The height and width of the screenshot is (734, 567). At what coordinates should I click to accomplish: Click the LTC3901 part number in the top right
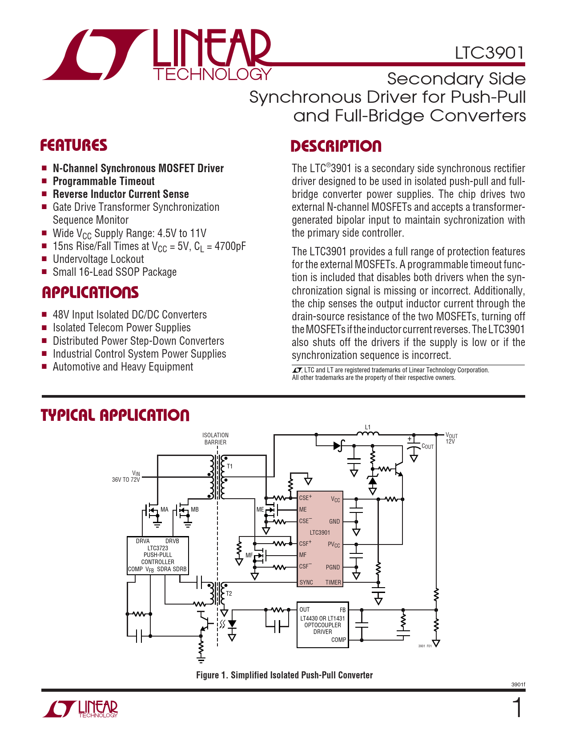(x=489, y=53)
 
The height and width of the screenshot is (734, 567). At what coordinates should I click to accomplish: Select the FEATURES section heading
(x=74, y=145)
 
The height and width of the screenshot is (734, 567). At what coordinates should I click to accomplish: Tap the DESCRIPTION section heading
(x=336, y=146)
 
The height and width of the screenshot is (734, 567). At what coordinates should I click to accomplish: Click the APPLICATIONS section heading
(x=90, y=292)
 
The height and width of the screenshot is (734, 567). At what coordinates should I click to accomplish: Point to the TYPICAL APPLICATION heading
(x=115, y=415)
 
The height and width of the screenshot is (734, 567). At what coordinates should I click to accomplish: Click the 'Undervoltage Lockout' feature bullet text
(x=98, y=259)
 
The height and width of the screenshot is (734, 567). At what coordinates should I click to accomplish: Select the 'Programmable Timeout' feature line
(x=104, y=181)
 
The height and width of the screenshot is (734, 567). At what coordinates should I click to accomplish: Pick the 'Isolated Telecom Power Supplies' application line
(x=121, y=328)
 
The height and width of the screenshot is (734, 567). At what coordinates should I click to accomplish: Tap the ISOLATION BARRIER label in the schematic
(x=215, y=439)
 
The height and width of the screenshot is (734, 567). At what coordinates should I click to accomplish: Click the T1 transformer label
(x=230, y=466)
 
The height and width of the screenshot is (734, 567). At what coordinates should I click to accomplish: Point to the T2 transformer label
(x=229, y=593)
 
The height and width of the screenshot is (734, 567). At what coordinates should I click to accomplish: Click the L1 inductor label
(x=368, y=427)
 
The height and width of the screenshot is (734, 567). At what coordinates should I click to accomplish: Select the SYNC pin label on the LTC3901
(x=306, y=582)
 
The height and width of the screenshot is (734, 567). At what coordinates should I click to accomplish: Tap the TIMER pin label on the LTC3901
(x=333, y=582)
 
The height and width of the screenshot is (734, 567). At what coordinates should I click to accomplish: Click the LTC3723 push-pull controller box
(x=158, y=555)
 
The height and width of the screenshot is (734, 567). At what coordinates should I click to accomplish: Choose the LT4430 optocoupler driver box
(x=322, y=625)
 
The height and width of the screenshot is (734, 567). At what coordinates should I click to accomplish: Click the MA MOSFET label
(x=165, y=509)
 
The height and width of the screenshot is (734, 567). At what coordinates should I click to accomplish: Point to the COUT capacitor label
(x=427, y=447)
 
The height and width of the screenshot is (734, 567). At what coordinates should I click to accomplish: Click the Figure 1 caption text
(x=284, y=675)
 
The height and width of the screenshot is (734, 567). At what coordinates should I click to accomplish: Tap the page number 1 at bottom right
(x=517, y=708)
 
